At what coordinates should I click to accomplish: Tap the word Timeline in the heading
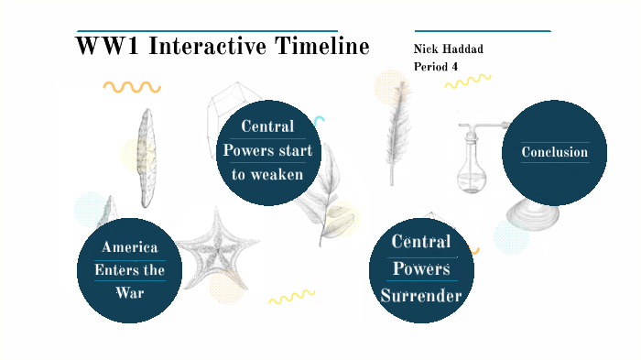tap(323, 47)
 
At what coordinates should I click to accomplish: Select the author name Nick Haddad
tap(450, 49)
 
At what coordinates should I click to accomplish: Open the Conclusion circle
tap(554, 152)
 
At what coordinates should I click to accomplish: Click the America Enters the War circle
tap(129, 270)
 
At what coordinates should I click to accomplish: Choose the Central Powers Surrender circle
tap(421, 269)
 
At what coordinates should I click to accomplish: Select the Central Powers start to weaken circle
tap(268, 151)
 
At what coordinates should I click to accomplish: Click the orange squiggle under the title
tap(131, 87)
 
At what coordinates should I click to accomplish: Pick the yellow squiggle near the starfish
tap(291, 297)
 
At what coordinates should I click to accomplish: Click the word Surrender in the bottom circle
tap(421, 296)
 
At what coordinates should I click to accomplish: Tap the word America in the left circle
tap(129, 247)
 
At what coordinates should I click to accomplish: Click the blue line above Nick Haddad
tap(483, 31)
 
